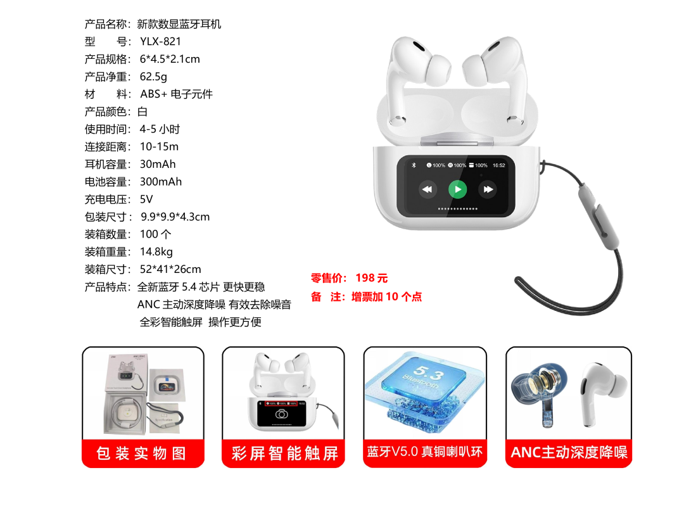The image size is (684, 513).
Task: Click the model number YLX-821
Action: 160,41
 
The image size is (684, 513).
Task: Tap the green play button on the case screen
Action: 458,189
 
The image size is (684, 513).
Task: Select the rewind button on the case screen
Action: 427,189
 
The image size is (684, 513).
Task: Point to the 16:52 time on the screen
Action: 498,165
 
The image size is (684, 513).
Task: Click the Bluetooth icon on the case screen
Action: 414,165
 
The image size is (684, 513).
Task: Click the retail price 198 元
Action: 372,278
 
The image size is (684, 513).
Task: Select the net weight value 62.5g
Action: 153,77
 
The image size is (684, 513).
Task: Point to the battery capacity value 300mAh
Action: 160,182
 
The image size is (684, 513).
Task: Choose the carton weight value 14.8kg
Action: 156,251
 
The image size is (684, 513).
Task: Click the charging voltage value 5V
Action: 146,199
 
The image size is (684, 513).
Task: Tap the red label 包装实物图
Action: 141,453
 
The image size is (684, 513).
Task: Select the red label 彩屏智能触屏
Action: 284,453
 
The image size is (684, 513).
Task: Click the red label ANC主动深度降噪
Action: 569,452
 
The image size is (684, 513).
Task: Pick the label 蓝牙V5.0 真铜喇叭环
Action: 425,452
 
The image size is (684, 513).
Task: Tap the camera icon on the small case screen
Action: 281,414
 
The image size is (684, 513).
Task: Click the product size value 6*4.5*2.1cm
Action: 170,59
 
